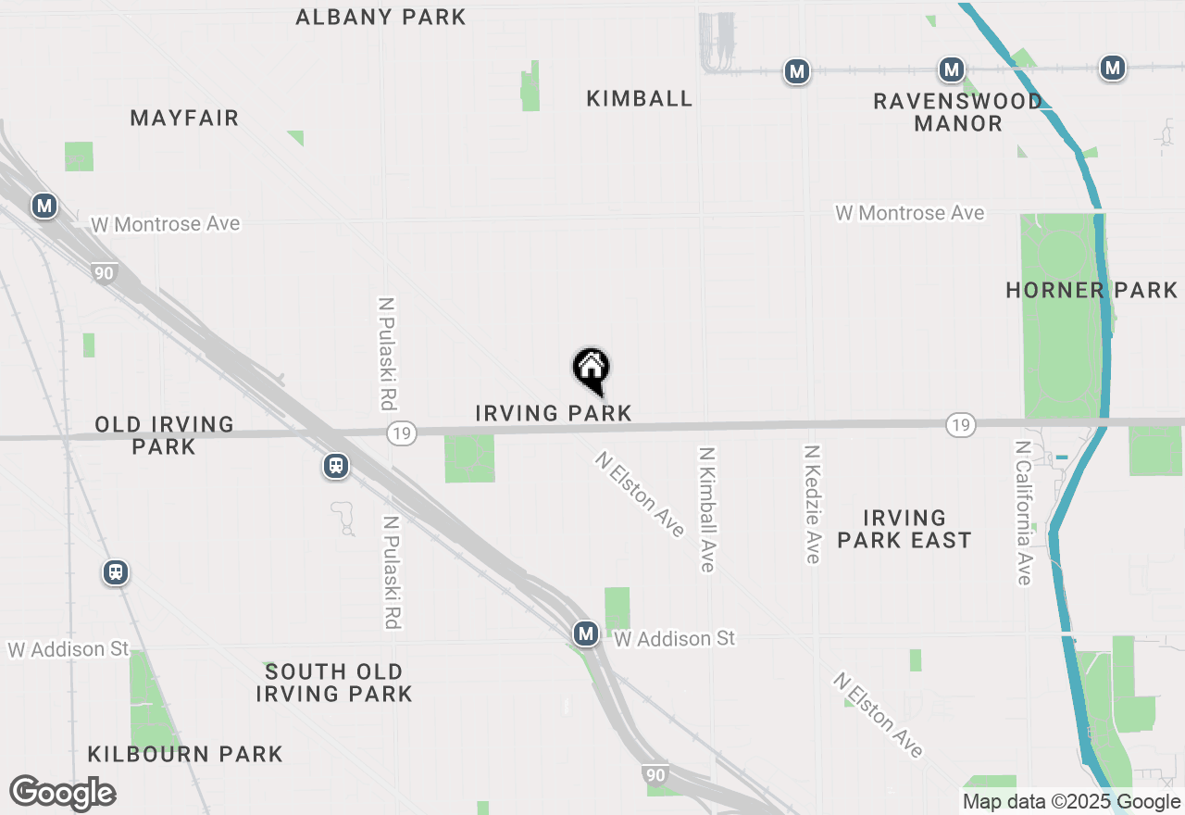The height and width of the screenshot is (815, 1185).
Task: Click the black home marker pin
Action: click(x=591, y=370)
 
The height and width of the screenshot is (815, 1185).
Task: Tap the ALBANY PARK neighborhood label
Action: click(x=380, y=17)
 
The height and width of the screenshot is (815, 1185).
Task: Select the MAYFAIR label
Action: click(x=184, y=118)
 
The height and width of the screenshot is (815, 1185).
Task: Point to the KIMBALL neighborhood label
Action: click(x=639, y=98)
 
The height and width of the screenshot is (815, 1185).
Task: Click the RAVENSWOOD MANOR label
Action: click(x=957, y=112)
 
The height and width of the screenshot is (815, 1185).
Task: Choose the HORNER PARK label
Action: click(x=1091, y=290)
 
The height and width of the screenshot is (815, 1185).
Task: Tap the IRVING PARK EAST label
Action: click(x=904, y=529)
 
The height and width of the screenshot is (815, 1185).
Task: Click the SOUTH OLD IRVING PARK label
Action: click(x=333, y=683)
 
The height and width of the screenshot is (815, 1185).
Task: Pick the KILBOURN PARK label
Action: click(x=185, y=754)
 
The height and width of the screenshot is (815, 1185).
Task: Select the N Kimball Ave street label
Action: click(x=708, y=509)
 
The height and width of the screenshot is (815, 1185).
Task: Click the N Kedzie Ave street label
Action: click(x=812, y=504)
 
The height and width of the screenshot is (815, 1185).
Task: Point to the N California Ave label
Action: click(x=1022, y=512)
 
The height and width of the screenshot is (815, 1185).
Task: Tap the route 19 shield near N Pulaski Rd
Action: click(x=401, y=433)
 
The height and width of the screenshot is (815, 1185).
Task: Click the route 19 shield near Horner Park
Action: click(x=960, y=425)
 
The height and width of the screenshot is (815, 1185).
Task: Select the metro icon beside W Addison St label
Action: click(x=585, y=634)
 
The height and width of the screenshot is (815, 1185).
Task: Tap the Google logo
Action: click(x=62, y=794)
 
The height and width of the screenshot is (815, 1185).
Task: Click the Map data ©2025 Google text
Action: click(x=1071, y=802)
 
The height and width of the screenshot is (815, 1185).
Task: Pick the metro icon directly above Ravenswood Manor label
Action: click(x=951, y=69)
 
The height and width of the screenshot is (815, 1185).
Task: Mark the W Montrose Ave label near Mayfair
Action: click(x=165, y=224)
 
